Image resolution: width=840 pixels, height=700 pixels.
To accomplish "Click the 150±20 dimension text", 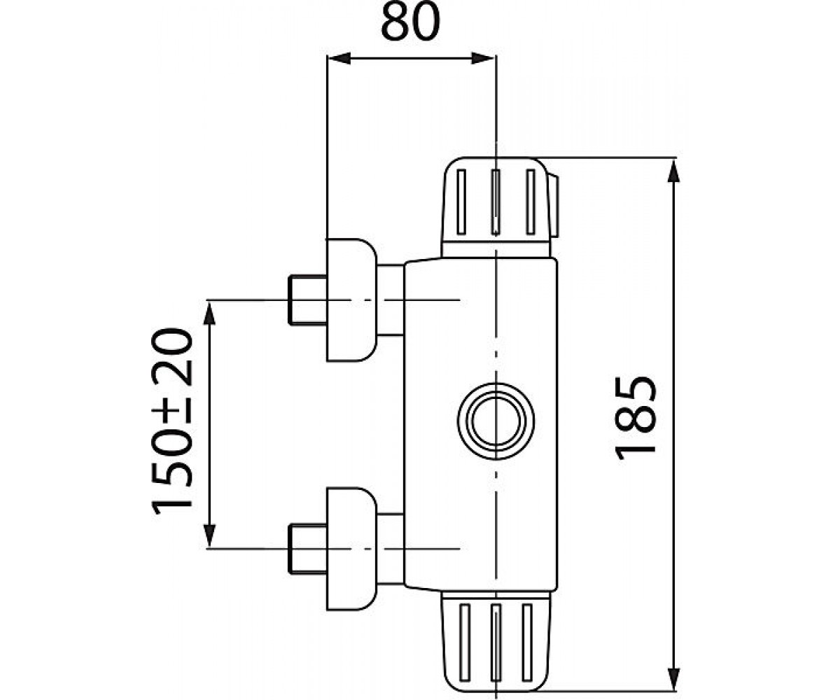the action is [x=172, y=421].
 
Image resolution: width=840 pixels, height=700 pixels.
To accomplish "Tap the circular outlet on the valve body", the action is [x=496, y=421].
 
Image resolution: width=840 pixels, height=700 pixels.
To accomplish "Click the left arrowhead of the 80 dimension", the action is [x=339, y=58].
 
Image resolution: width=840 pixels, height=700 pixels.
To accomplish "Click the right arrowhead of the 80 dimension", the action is [x=483, y=58].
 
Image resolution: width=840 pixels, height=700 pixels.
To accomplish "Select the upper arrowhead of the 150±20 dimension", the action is [x=209, y=314].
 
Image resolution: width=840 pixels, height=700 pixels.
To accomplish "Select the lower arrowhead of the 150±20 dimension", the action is [x=209, y=535].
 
